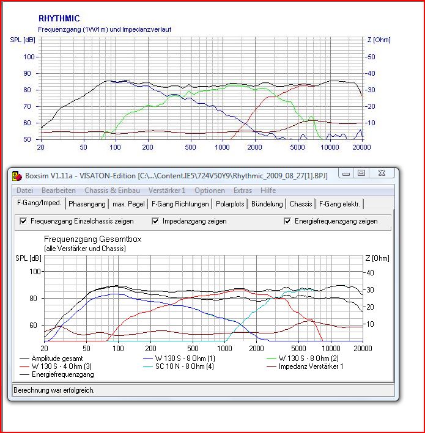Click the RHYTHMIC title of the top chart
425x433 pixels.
[59, 19]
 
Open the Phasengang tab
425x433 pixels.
[87, 203]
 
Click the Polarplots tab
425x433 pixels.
[229, 203]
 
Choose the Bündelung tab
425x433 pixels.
[267, 203]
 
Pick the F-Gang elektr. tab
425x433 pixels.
[339, 203]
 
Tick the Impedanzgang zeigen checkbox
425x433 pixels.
[156, 221]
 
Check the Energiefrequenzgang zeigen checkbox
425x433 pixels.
[288, 221]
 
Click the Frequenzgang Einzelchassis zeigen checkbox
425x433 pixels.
[24, 221]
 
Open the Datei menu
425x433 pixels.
[25, 191]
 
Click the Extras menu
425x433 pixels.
[242, 191]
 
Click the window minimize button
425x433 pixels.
[346, 174]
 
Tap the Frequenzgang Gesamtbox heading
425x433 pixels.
[92, 239]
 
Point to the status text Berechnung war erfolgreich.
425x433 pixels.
[54, 390]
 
